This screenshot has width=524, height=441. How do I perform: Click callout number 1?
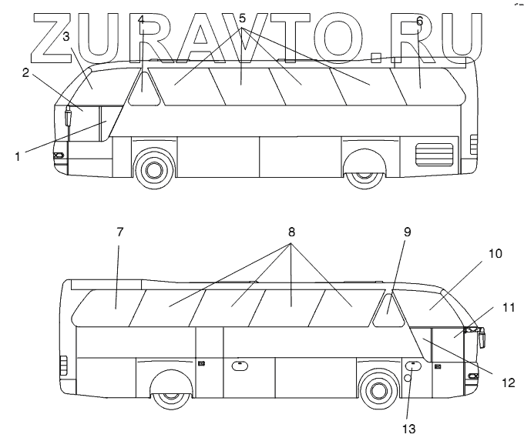pyautogui.click(x=17, y=155)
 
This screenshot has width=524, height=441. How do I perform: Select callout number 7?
pyautogui.click(x=119, y=232)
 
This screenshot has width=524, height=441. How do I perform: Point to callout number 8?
pyautogui.click(x=291, y=231)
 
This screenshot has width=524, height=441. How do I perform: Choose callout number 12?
pyautogui.click(x=506, y=380)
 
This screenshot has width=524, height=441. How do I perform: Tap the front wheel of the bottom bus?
pyautogui.click(x=378, y=389)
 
